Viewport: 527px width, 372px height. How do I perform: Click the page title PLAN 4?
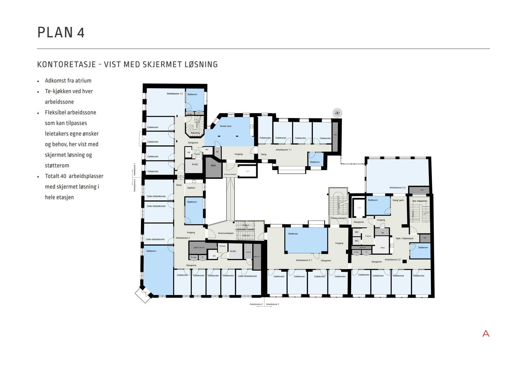[x=61, y=33]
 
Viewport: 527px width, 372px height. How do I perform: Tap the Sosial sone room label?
[x=226, y=126]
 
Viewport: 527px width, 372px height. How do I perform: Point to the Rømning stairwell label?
[x=195, y=133]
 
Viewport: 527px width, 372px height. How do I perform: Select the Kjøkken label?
[x=191, y=188]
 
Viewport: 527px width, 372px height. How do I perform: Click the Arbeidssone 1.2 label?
[x=175, y=94]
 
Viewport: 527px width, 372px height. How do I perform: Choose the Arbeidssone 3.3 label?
[x=397, y=187]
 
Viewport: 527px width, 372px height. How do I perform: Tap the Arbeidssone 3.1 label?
[x=304, y=260]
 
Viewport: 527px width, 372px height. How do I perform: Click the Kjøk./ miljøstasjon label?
[x=404, y=238]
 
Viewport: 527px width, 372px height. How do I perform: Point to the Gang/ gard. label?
[x=398, y=200]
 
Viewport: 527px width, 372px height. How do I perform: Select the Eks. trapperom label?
[x=420, y=201]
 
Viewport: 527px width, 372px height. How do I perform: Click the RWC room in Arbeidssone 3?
[x=382, y=248]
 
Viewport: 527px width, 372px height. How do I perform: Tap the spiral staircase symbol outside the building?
[x=337, y=113]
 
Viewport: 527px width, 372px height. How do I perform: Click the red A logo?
[x=485, y=334]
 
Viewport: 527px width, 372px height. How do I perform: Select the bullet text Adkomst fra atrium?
[x=68, y=81]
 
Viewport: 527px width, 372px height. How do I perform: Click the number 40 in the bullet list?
[x=64, y=176]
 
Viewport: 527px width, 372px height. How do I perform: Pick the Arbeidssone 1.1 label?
[x=283, y=150]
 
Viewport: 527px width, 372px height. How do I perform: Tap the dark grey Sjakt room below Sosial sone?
[x=213, y=165]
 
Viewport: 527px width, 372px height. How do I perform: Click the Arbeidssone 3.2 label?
[x=392, y=260]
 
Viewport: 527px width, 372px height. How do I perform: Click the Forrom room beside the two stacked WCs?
[x=368, y=236]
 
